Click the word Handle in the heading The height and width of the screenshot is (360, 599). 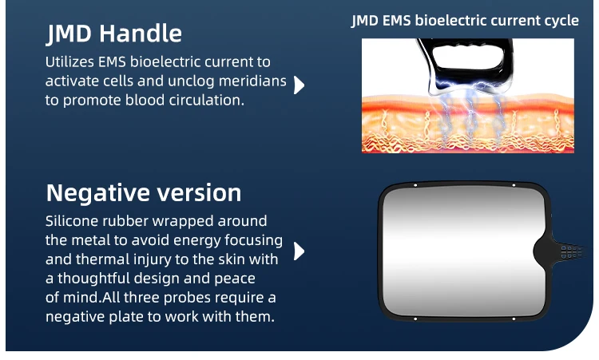pos(141,34)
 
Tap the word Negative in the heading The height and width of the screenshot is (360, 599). pos(97,193)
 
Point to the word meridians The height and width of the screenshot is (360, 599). pos(252,81)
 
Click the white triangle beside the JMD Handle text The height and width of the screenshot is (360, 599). pos(299,85)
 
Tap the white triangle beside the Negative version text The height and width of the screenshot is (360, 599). pos(299,251)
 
